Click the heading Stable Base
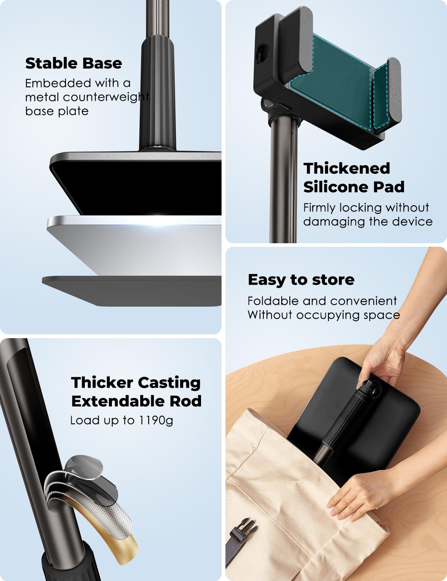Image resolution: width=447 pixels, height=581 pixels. pos(74,63)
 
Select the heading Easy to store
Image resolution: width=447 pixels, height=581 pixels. pos(301,280)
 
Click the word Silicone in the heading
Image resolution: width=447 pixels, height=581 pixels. pos(330,187)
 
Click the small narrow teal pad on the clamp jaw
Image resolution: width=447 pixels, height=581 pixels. pos(381,97)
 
